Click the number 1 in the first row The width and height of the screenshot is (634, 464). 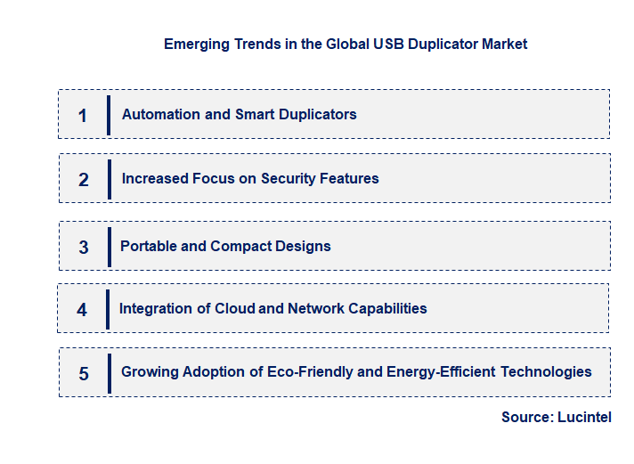(83, 115)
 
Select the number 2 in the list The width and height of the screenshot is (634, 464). (84, 179)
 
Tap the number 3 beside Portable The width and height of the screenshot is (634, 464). (84, 247)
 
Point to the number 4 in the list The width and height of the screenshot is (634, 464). (82, 309)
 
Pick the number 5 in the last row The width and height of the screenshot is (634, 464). (84, 373)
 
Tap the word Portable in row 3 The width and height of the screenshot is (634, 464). (149, 246)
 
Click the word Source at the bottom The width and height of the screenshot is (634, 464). (525, 417)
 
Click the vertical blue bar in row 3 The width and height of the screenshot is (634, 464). (109, 246)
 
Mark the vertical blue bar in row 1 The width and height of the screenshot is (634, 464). (109, 114)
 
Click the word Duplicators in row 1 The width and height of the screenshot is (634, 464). (317, 114)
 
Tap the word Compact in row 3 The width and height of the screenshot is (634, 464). (239, 246)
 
